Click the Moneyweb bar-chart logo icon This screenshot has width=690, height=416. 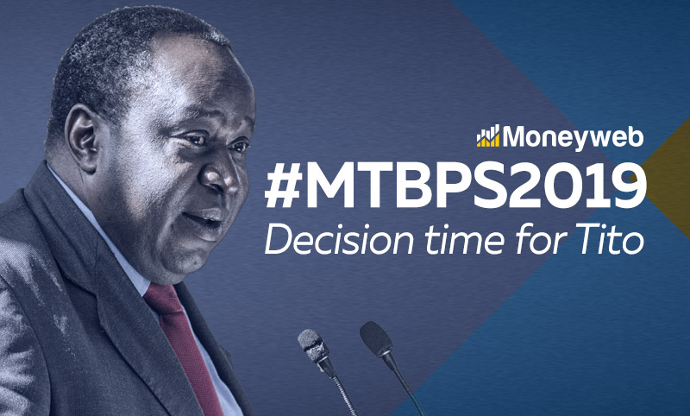(487, 136)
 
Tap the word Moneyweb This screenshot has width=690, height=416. (573, 136)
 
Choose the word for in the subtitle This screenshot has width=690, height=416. (531, 239)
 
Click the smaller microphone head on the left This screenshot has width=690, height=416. (310, 344)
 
